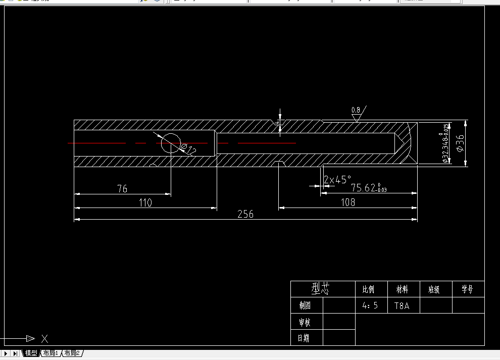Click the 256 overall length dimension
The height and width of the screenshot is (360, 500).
point(245,214)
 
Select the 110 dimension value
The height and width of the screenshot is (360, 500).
point(145,202)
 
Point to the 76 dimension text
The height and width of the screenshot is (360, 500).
point(122,189)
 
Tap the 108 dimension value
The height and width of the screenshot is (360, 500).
point(348,202)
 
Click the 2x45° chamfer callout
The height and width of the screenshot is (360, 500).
point(338,180)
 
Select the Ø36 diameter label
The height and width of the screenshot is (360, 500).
point(460,143)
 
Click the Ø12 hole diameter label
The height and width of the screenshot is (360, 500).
point(189,149)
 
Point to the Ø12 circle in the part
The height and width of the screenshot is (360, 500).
point(171,143)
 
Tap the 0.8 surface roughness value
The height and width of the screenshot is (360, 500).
point(356,110)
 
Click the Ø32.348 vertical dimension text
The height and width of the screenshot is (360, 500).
point(445,143)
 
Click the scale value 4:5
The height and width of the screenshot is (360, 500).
point(370,305)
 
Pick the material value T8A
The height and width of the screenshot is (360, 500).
point(402,305)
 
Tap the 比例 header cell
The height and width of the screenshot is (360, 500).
point(369,290)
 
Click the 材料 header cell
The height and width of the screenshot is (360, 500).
point(402,290)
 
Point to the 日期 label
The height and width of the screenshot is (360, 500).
point(304,338)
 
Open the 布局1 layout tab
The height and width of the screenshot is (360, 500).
point(51,353)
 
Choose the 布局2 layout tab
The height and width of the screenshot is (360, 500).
point(72,353)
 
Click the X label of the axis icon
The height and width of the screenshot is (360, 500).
point(44,339)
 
